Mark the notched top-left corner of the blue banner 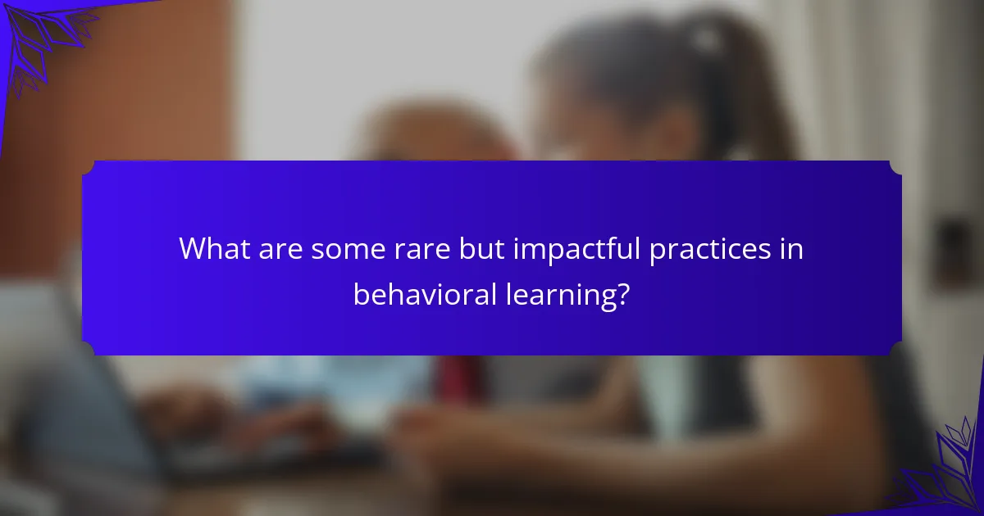tap(89, 167)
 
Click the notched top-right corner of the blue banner tap(895, 167)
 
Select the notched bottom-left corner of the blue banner tap(89, 349)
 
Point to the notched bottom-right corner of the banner tap(895, 349)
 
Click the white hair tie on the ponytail tap(705, 37)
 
